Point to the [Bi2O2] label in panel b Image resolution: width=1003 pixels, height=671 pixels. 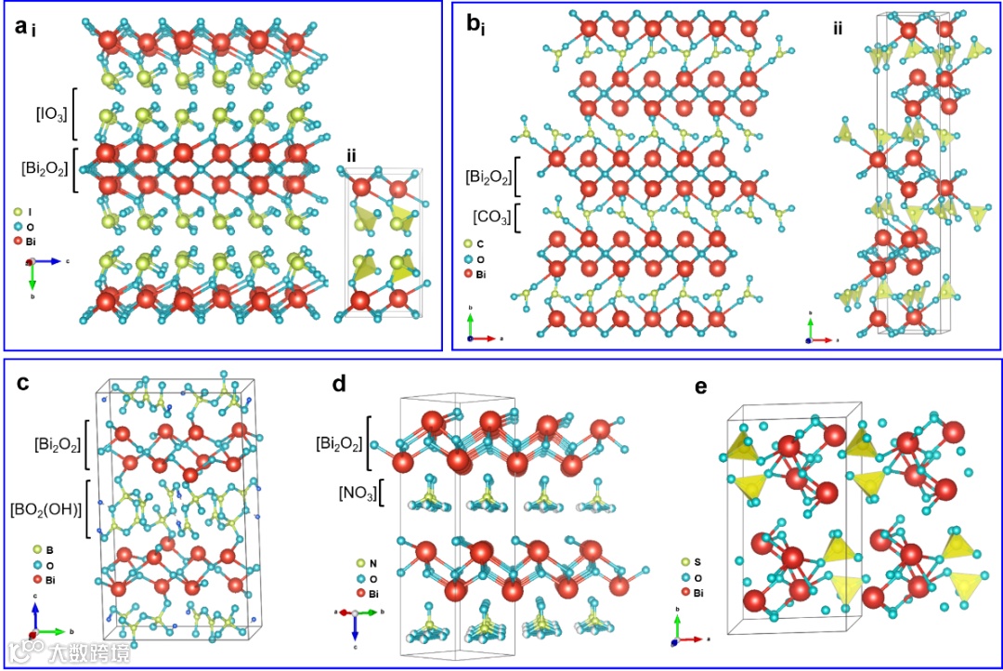pyautogui.click(x=488, y=177)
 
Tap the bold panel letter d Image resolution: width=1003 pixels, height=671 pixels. pyautogui.click(x=339, y=384)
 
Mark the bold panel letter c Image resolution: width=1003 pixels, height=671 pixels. pyautogui.click(x=24, y=384)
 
